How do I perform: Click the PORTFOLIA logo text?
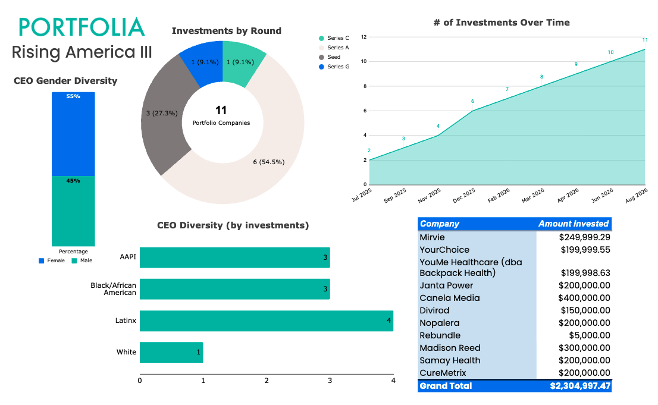82,27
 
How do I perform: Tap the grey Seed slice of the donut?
166,115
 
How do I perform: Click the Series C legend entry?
334,38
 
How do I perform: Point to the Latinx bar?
267,321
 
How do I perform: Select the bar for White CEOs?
171,352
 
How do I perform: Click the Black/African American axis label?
113,289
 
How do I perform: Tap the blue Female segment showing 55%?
73,134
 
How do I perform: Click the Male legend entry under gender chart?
82,260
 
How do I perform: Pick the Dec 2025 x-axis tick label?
464,195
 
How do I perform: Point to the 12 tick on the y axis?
364,37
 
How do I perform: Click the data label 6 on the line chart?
472,101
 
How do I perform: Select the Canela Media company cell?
449,298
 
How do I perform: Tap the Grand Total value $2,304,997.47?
581,386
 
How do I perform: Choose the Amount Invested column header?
574,224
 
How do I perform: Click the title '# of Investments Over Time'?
502,23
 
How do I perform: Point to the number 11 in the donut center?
221,111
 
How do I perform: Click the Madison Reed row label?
450,348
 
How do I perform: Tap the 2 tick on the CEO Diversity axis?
267,381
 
